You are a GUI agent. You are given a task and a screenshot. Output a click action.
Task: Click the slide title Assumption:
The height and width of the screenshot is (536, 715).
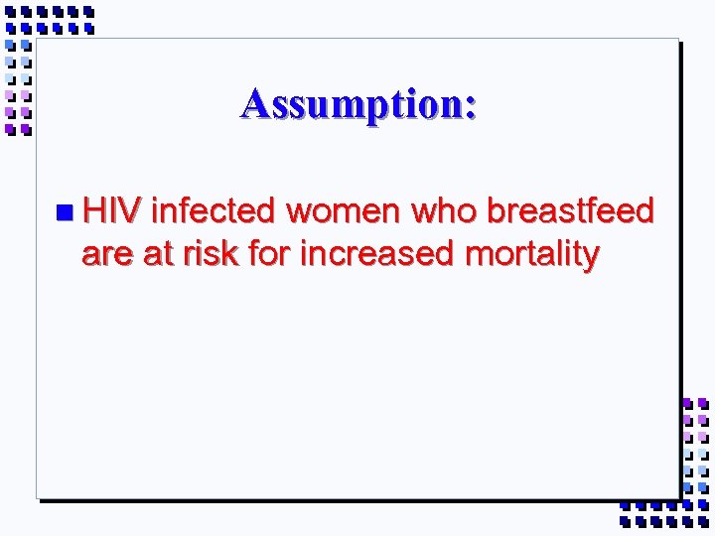coord(358,104)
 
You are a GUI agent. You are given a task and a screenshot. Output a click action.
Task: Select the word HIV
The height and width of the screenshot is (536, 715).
coord(113,210)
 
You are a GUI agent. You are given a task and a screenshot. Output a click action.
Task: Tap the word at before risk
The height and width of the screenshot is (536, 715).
coord(157,255)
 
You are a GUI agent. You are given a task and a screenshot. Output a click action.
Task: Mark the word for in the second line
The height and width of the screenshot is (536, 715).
coord(270,255)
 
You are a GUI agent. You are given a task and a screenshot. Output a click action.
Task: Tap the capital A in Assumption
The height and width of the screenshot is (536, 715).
coord(255,103)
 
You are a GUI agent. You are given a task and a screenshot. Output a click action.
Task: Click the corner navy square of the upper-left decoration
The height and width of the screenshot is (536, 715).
coord(11,12)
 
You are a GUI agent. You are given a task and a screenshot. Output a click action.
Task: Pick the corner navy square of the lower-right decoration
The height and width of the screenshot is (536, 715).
coord(702,520)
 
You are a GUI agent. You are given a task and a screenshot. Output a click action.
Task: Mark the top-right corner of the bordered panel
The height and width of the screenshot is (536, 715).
coord(677,40)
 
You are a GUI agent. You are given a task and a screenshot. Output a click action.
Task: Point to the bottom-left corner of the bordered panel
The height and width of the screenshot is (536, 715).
coord(38,495)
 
